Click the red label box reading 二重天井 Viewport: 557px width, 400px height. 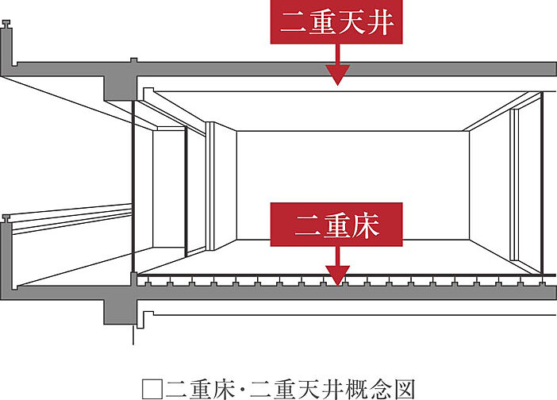click(x=338, y=24)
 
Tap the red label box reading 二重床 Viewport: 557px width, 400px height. click(x=338, y=225)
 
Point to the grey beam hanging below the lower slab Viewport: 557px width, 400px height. click(x=120, y=310)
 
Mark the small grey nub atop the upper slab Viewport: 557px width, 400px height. click(x=134, y=60)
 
